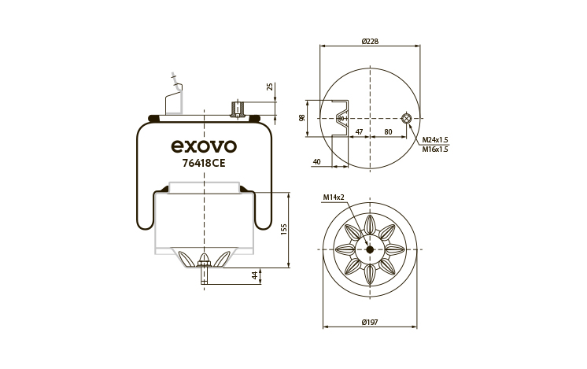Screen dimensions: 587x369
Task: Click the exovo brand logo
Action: [x=204, y=146]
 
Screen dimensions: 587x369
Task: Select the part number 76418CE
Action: [x=204, y=163]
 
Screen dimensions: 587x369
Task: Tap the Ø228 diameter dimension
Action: [x=370, y=41]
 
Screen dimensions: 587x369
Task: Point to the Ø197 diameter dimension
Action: [x=370, y=322]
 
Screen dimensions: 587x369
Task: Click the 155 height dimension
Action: [x=284, y=230]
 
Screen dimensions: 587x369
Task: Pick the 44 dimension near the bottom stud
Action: [x=255, y=275]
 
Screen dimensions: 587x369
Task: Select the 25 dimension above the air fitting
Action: [x=270, y=87]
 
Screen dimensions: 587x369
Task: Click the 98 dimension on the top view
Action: [x=302, y=118]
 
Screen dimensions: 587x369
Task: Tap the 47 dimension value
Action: [x=359, y=131]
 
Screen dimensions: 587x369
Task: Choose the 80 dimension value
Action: [x=388, y=131]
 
